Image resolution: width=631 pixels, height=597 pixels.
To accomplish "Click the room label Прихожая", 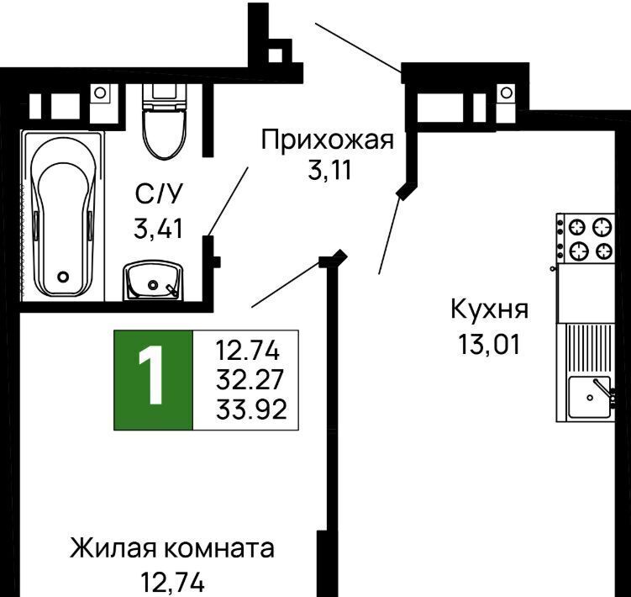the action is click(x=327, y=140).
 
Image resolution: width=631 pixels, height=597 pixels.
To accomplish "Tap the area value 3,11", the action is click(x=330, y=170).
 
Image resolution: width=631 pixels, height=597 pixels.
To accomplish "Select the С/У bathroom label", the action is click(x=159, y=193).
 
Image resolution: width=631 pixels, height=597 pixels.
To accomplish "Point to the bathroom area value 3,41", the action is click(x=159, y=229).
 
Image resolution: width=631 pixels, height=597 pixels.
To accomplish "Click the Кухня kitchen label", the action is click(x=489, y=309).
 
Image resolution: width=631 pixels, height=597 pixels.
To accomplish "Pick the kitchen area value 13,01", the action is click(x=488, y=345).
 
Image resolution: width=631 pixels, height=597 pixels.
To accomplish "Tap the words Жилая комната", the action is click(x=172, y=548).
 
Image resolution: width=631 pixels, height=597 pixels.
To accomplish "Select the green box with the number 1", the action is click(x=153, y=380).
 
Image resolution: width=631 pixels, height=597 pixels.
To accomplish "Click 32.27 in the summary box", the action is click(x=250, y=379).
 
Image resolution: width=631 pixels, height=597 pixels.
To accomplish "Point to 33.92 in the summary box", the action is click(x=251, y=409).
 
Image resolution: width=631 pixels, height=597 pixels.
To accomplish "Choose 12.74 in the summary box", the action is click(x=248, y=350).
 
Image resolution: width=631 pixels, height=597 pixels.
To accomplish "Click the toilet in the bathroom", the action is click(x=165, y=121).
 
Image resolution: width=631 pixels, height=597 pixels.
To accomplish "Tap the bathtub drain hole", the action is click(x=63, y=277).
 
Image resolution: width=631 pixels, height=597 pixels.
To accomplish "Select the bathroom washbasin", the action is click(x=153, y=280).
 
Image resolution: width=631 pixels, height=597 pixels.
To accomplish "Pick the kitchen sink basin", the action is click(x=589, y=397).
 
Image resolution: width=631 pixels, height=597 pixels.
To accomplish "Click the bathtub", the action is click(x=63, y=215).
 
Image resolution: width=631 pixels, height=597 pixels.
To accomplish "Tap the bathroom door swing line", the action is click(x=228, y=202).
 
